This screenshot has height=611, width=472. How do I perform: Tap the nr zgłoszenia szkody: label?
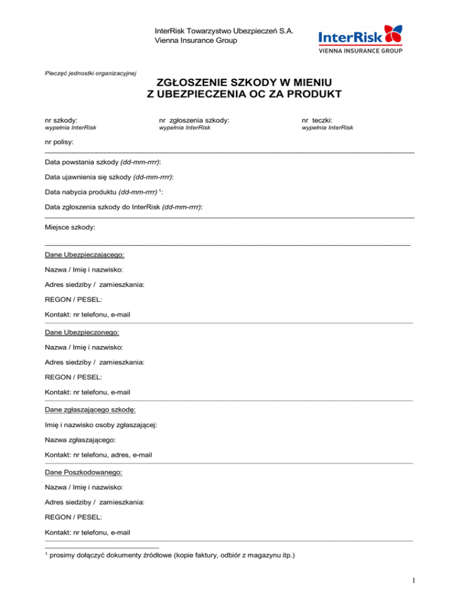pyautogui.click(x=194, y=121)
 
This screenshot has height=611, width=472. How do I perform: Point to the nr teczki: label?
pyautogui.click(x=317, y=121)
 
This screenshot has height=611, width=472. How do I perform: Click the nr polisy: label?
pyautogui.click(x=59, y=142)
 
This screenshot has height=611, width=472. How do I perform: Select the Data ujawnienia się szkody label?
pyautogui.click(x=109, y=177)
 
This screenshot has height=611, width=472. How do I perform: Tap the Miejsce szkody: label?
pyautogui.click(x=70, y=227)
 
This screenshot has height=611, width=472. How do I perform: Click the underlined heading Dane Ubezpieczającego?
pyautogui.click(x=85, y=254)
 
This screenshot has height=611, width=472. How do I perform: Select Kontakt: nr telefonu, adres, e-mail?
pyautogui.click(x=99, y=455)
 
